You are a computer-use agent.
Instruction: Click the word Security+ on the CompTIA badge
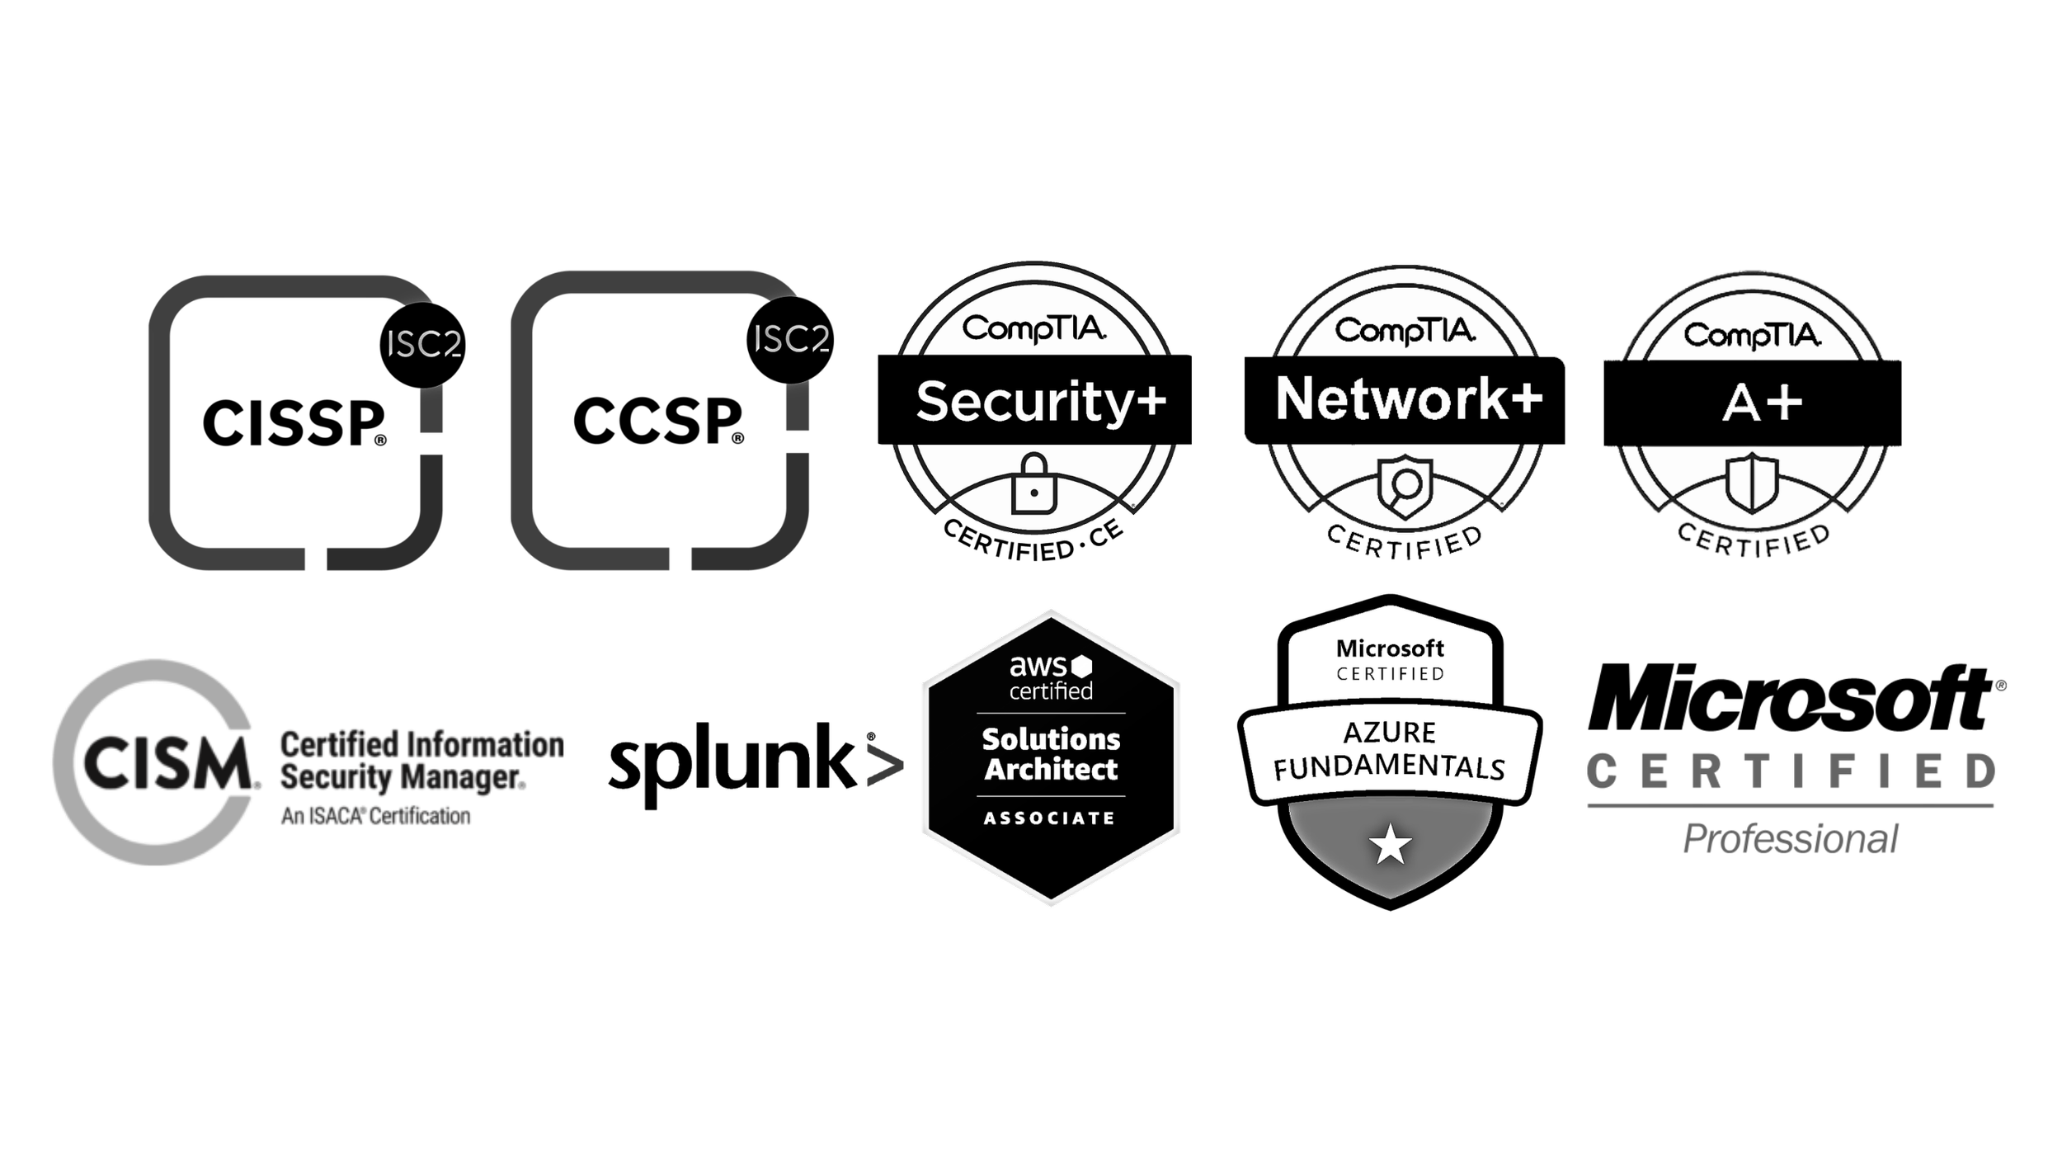(1041, 403)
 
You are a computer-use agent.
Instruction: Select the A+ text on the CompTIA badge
(1762, 404)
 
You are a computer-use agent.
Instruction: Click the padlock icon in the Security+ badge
(1033, 486)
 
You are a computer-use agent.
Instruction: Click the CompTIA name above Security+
(1033, 329)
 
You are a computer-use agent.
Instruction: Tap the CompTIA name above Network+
(1405, 331)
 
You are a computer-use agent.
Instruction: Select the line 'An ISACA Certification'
(375, 817)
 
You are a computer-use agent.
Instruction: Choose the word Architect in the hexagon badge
(1051, 770)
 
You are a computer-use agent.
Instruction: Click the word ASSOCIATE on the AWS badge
(1049, 818)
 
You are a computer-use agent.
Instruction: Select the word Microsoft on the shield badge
(1390, 648)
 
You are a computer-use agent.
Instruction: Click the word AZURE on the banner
(1390, 733)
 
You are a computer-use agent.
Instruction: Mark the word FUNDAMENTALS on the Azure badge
(1390, 767)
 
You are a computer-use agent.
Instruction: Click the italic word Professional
(1790, 840)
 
